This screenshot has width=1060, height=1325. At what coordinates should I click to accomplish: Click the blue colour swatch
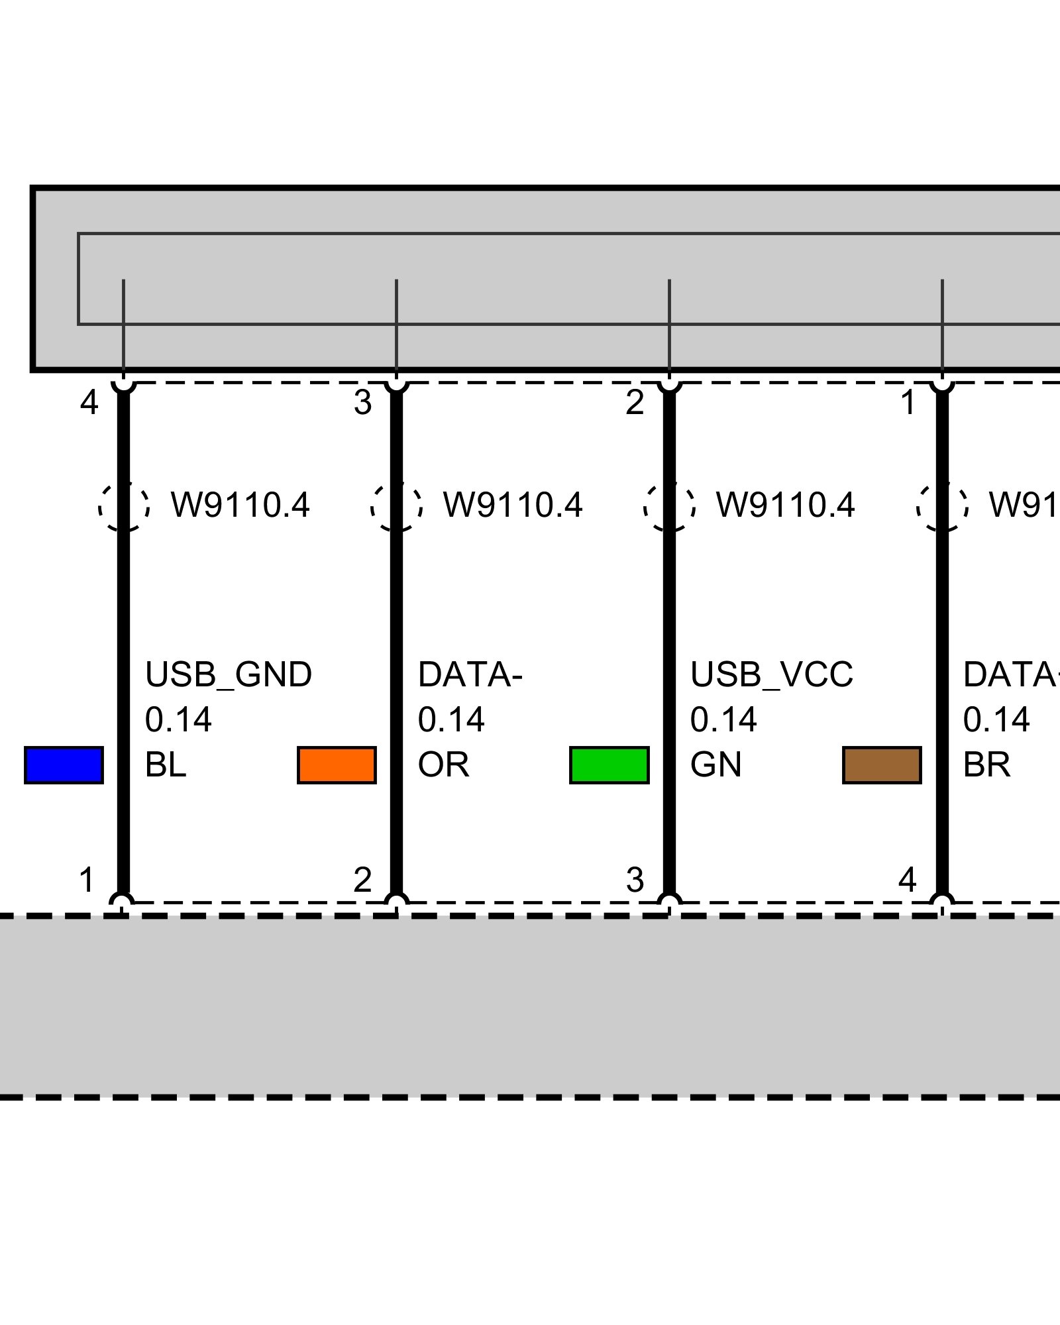click(64, 765)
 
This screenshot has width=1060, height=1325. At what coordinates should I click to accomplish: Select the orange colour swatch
click(337, 765)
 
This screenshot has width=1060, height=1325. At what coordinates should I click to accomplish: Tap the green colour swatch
click(609, 765)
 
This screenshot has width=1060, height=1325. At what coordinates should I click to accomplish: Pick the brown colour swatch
click(882, 765)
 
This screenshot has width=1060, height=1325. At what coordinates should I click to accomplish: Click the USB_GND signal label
click(228, 675)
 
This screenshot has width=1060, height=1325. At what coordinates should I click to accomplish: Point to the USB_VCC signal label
click(771, 675)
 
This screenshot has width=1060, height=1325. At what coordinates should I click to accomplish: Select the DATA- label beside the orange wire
click(470, 675)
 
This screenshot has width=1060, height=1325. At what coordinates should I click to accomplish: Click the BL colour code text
click(165, 765)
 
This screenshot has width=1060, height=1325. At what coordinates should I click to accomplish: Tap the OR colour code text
click(443, 765)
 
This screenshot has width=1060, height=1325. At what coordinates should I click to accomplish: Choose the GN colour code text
click(715, 765)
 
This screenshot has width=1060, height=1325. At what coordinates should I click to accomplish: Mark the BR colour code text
click(986, 765)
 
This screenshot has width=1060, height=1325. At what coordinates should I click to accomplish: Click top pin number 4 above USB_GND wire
click(89, 402)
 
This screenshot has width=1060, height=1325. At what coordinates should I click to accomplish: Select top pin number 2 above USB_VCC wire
click(634, 402)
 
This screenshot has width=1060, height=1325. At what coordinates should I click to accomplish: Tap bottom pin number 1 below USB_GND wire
click(87, 880)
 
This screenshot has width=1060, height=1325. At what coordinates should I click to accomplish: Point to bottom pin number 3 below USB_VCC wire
click(634, 880)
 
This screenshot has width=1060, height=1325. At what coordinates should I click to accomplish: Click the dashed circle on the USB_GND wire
click(124, 506)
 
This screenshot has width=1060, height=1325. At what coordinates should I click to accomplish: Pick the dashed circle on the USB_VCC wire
click(669, 506)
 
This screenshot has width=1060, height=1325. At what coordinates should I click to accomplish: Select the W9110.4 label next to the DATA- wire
click(512, 505)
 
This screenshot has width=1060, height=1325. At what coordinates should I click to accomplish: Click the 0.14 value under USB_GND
click(178, 720)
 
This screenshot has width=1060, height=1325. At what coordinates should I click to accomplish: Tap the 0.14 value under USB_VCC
click(723, 720)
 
